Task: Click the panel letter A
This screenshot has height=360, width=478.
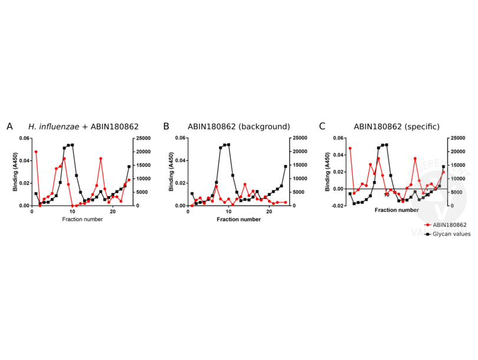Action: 9,126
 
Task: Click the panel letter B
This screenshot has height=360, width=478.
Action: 166,126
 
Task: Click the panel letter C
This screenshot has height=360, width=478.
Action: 322,126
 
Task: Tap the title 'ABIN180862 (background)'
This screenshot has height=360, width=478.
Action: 238,126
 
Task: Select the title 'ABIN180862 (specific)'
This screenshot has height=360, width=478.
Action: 392,126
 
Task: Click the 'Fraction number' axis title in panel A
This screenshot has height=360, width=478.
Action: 83,220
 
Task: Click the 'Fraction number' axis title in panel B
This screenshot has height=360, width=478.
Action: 239,220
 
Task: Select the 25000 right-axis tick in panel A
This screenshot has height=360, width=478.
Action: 144,138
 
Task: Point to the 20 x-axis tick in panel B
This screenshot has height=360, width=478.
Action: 269,211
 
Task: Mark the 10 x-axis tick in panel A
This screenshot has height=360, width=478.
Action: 73,211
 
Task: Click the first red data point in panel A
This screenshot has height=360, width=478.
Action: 36,152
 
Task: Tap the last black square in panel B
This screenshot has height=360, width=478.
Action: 286,166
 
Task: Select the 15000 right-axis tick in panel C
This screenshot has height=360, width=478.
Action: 457,165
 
